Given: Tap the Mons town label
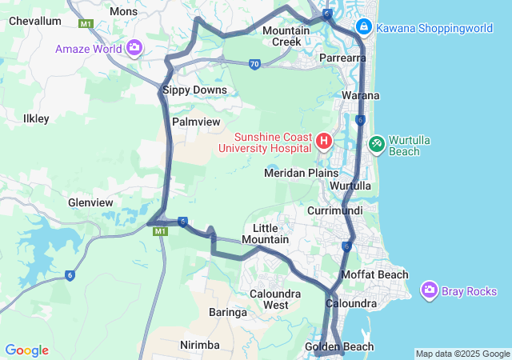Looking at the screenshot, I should (123, 11).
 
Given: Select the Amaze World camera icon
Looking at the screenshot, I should (134, 48).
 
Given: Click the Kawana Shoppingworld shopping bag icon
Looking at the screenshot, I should (363, 27).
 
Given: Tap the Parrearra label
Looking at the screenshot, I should (343, 58).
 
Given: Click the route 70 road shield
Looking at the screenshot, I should (254, 64).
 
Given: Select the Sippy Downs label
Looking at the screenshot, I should (194, 90).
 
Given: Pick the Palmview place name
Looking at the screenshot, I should (196, 122).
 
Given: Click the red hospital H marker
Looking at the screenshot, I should (324, 142).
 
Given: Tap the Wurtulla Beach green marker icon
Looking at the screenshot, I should (376, 144).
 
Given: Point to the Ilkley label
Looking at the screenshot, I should (36, 118).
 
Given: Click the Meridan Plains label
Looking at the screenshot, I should (302, 173).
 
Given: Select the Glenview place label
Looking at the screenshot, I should (90, 202).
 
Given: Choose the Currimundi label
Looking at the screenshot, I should (335, 210).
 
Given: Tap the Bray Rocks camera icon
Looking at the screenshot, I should (430, 290).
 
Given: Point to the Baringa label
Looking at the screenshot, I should (227, 312).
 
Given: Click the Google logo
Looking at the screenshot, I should (26, 350).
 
